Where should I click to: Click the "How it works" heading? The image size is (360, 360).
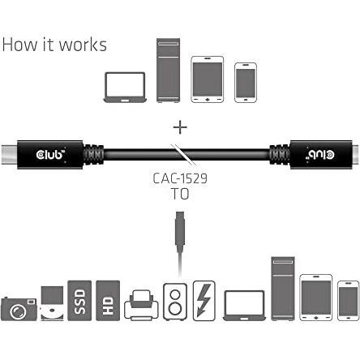click(54, 45)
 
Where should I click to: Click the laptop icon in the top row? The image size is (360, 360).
click(125, 88)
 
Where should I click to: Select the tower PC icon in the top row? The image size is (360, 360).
click(168, 71)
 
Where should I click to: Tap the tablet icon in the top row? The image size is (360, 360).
click(208, 79)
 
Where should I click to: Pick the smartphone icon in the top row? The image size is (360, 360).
click(246, 83)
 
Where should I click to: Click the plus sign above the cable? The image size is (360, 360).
click(180, 127)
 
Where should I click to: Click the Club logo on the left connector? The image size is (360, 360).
click(50, 155)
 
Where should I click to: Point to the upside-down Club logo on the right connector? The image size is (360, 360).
click(320, 155)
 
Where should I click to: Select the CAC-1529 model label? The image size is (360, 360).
click(180, 178)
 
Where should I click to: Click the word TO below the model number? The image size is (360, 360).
click(180, 194)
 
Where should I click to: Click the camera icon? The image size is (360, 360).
click(19, 309)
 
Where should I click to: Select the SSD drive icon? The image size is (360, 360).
click(79, 301)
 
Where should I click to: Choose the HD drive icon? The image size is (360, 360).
click(108, 301)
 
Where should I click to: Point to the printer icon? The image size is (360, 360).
click(141, 306)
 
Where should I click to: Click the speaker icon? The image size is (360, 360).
click(175, 302)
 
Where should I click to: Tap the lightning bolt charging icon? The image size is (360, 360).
click(204, 301)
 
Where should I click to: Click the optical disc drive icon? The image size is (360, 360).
click(52, 303)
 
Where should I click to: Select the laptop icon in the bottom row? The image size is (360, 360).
click(244, 306)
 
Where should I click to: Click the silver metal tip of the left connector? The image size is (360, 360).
click(9, 155)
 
